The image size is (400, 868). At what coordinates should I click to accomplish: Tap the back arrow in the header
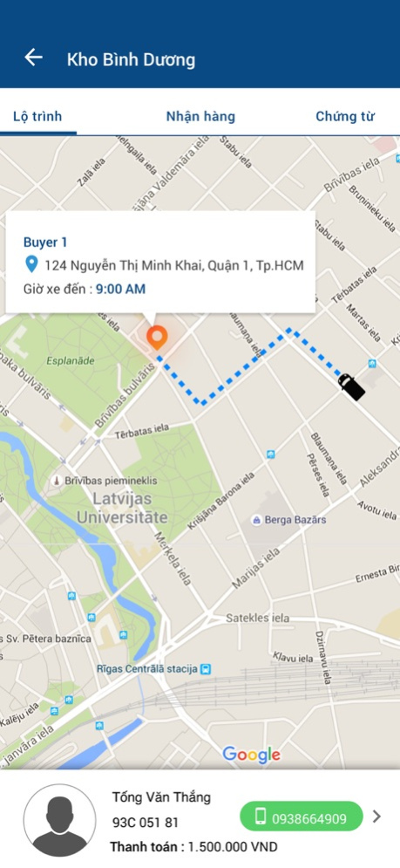33,58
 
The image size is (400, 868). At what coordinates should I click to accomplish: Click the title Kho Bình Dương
131,60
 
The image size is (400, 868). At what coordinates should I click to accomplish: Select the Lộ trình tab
37,117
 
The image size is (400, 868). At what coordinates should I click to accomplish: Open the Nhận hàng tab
200,117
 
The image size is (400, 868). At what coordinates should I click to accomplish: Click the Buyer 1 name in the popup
45,242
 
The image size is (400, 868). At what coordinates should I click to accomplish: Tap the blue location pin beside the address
31,264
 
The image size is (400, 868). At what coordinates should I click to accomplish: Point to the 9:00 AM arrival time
120,289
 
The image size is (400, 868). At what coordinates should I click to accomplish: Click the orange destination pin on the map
157,337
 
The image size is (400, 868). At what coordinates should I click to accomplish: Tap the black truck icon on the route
350,386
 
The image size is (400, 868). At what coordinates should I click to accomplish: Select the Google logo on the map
251,755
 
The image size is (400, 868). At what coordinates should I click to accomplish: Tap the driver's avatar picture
59,820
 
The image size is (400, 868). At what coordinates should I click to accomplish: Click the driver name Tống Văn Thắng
161,797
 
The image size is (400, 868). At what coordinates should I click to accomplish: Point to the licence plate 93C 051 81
145,822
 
